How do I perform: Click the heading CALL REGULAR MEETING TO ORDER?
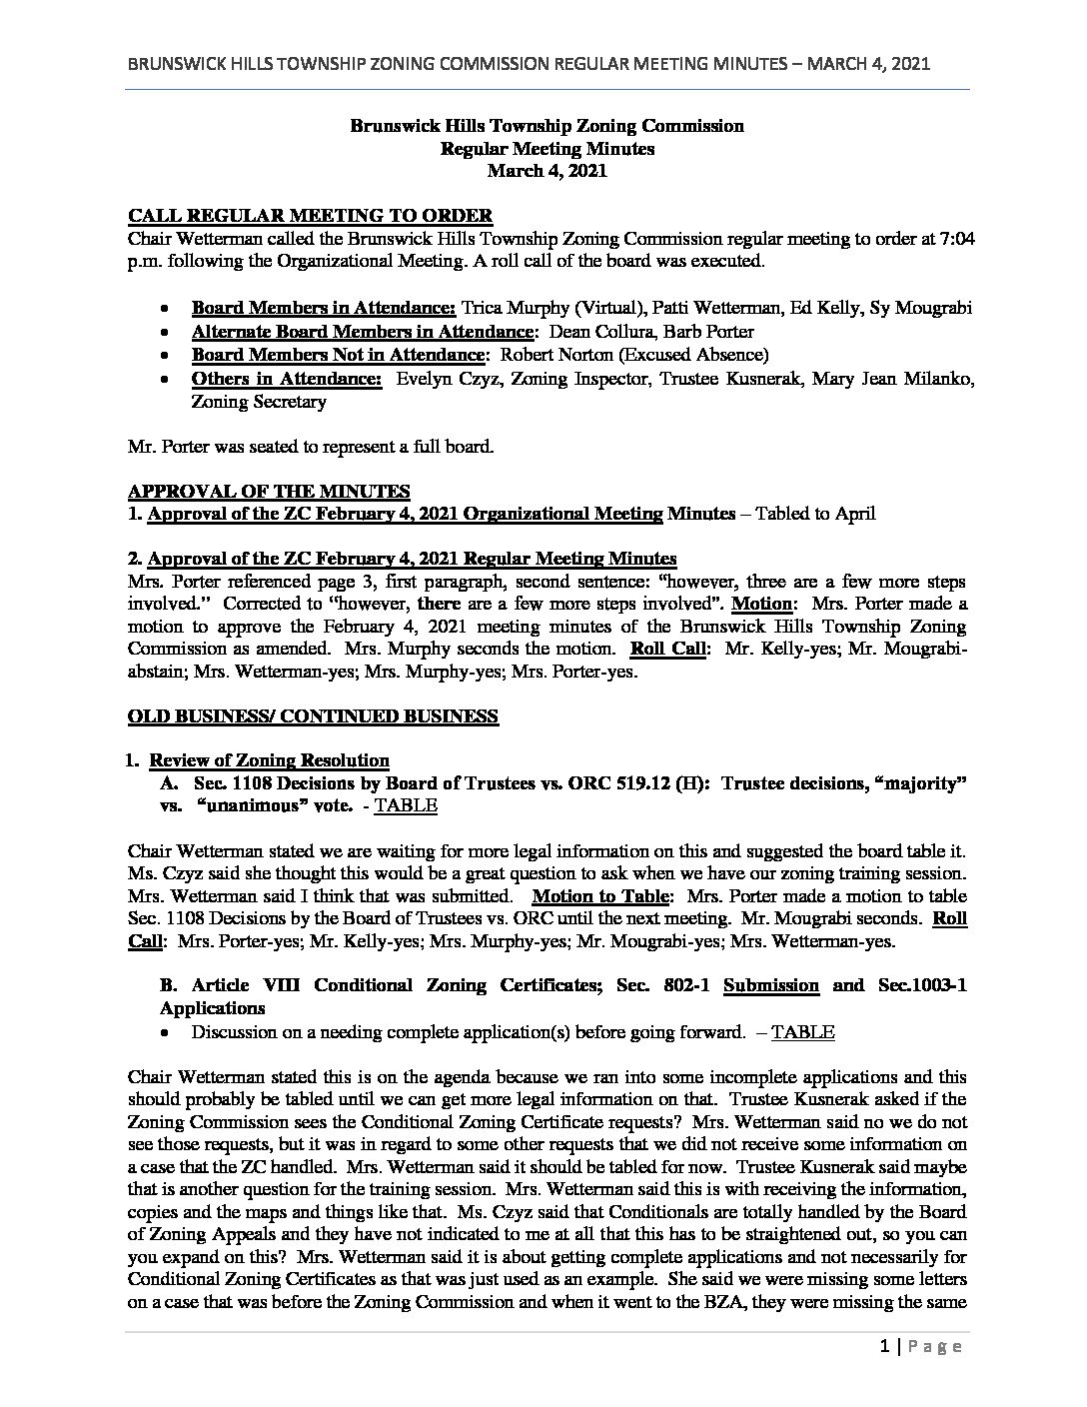point(310,216)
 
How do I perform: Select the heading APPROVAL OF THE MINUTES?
point(269,492)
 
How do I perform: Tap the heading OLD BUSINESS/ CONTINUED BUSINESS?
point(313,715)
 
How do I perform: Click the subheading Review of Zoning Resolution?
point(269,760)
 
